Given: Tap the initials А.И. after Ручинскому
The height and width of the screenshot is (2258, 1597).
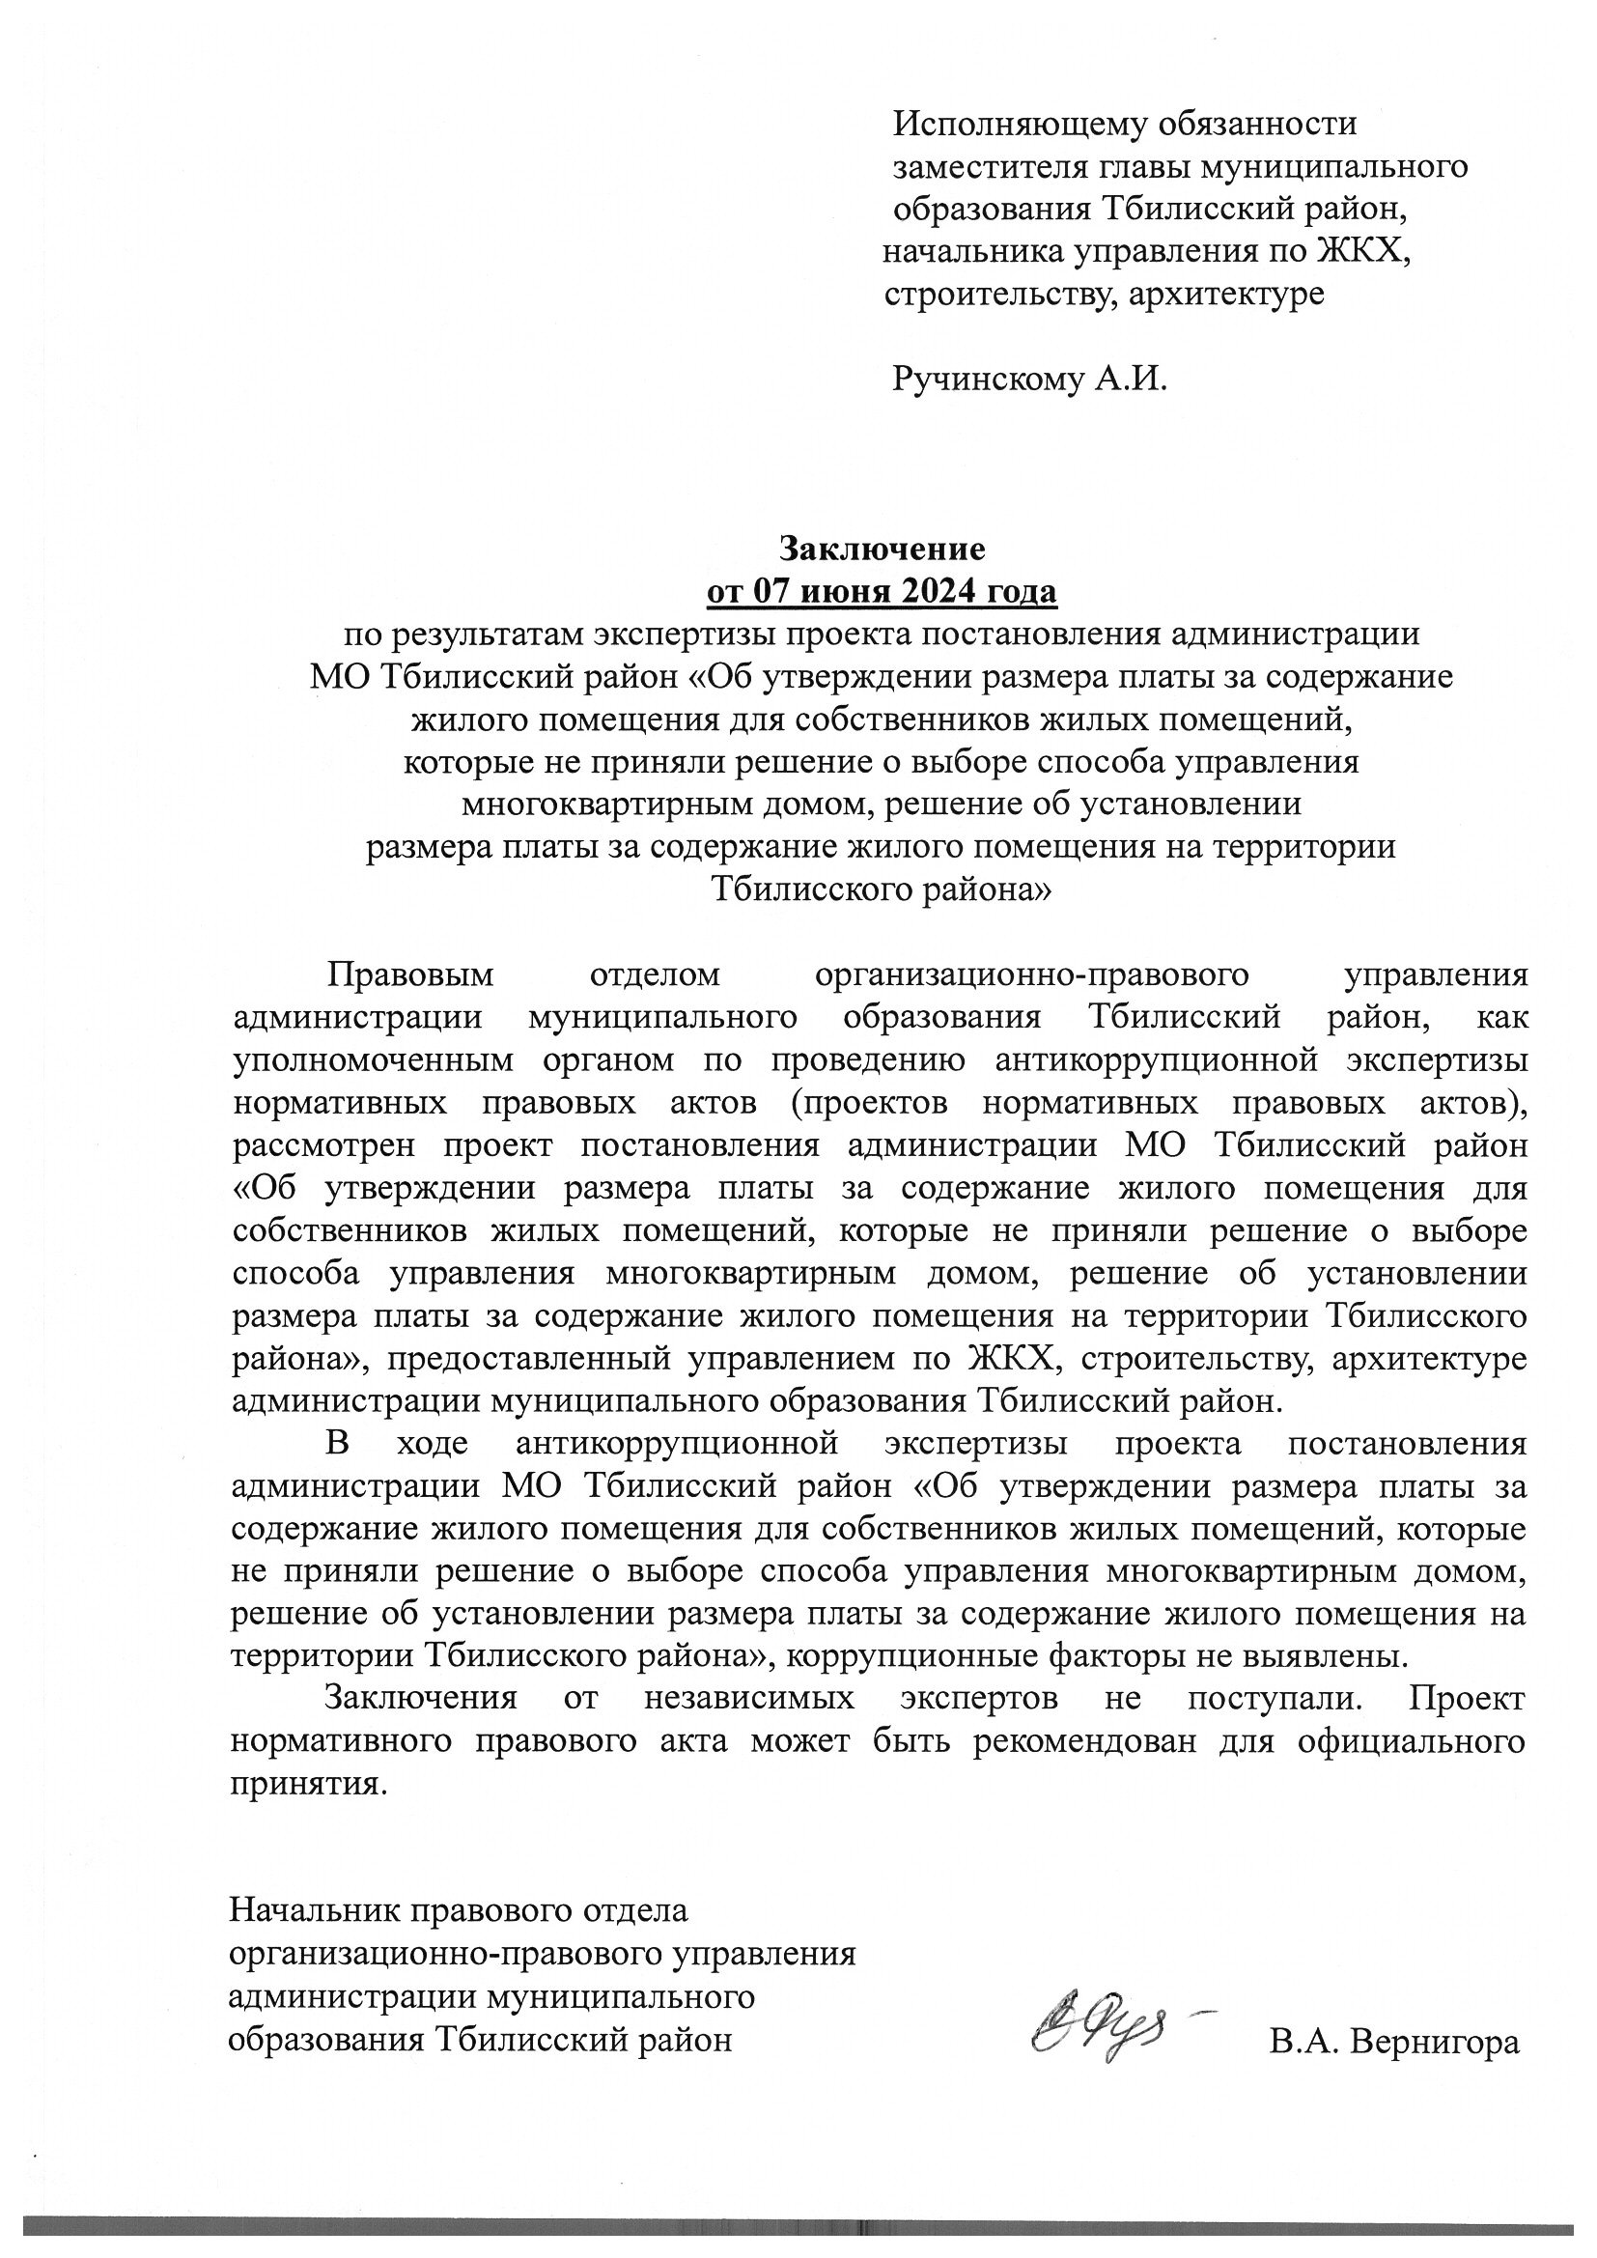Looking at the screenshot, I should tap(1132, 379).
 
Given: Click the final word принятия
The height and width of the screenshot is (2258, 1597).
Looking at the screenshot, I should tap(305, 1783).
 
